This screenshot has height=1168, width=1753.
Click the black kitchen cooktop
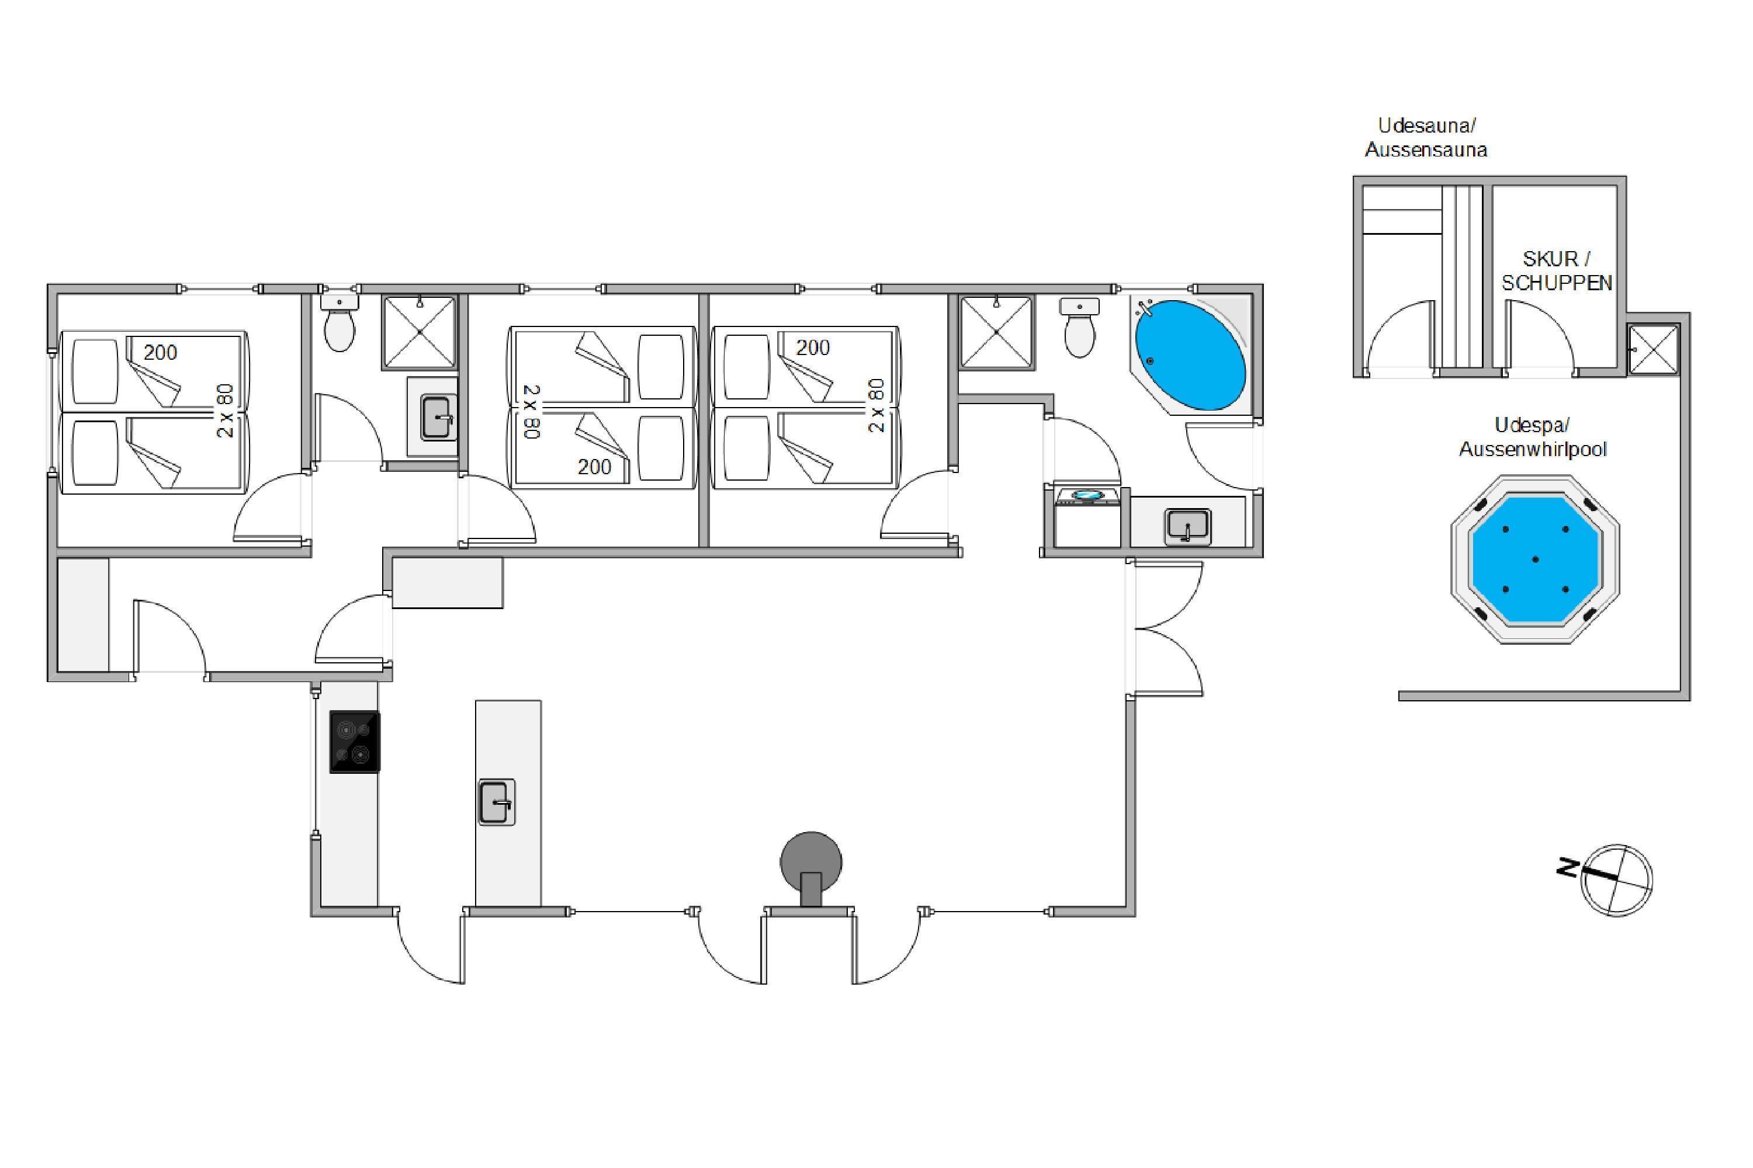[355, 742]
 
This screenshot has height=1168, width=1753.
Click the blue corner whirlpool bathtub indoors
[1190, 355]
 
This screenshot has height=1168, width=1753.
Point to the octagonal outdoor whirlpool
[1536, 559]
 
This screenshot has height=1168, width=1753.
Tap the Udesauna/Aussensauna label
[1426, 137]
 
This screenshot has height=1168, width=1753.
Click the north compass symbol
[1616, 880]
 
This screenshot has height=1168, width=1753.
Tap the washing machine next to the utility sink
[1088, 517]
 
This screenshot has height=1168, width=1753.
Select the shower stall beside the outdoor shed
[1653, 349]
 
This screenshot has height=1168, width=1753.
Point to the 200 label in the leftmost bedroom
[160, 352]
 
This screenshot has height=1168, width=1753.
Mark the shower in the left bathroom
[419, 332]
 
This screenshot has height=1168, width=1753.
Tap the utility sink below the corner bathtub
[1188, 527]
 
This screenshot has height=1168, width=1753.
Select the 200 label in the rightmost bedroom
[812, 348]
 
